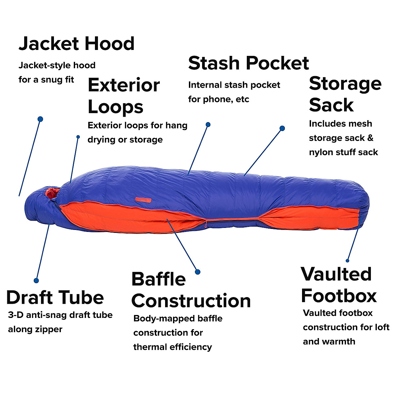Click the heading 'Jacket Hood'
76,44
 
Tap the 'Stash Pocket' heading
248,63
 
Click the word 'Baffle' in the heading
158,280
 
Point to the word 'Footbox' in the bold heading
339,295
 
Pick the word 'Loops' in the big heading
115,107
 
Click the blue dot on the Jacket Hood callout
40,119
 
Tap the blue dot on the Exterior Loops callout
78,137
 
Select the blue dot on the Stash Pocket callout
208,125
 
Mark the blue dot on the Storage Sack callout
282,128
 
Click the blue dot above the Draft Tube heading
36,280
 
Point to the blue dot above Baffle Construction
198,272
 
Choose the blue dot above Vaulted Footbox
348,261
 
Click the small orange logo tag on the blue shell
143,199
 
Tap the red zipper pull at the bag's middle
206,224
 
